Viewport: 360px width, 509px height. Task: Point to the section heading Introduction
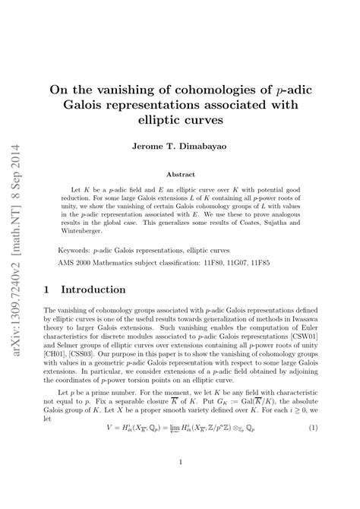(93, 289)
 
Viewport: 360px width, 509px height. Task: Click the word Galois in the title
(87, 103)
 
